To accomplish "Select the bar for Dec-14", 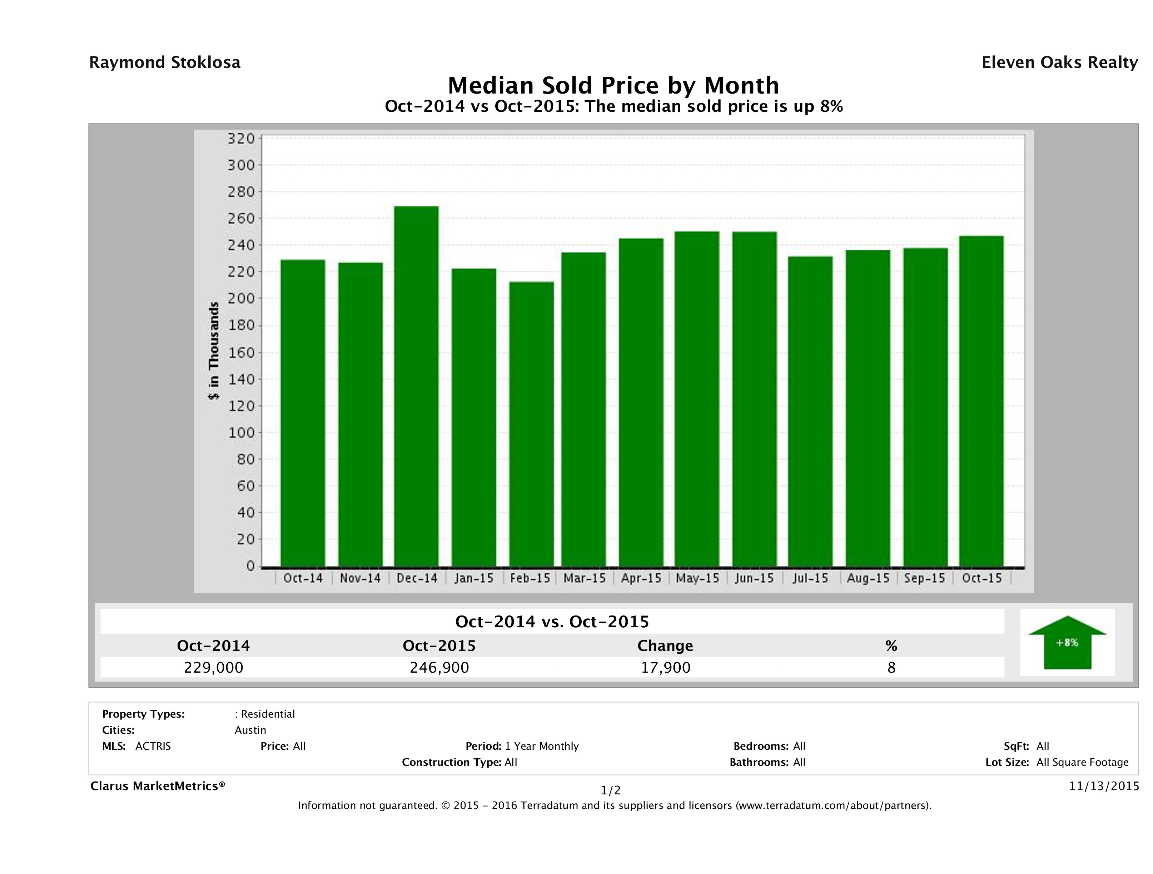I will coord(416,386).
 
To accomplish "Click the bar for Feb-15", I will coord(531,424).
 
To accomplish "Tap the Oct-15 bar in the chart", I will coord(981,401).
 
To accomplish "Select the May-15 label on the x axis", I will coord(697,578).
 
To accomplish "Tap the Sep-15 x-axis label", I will coord(925,578).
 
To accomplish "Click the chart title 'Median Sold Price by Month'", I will coord(613,85).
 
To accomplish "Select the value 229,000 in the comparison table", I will coord(214,667).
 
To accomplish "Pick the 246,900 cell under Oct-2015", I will coord(439,667).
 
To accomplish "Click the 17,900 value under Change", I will coord(666,667).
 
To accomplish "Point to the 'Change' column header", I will coord(665,646).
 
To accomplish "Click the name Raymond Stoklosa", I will coord(165,62).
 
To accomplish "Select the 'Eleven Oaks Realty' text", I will coord(1059,62).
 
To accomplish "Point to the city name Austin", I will coord(250,730).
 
